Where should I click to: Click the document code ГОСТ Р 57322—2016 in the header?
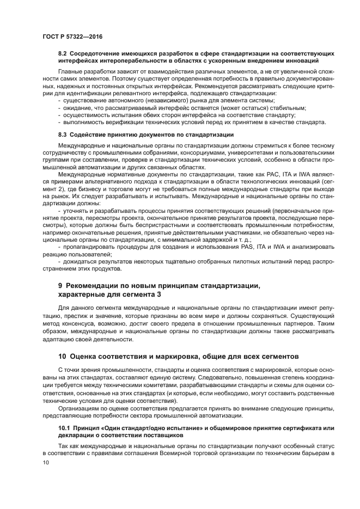(71, 36)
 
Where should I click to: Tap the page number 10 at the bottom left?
(46, 462)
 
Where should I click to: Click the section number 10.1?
(66, 429)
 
